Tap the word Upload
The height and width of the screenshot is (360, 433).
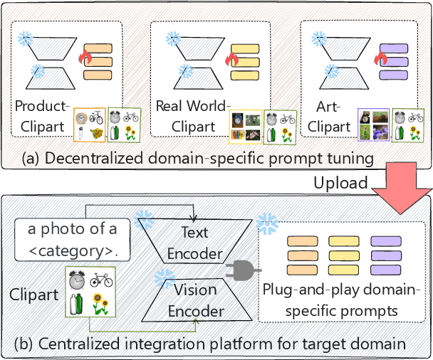(342, 183)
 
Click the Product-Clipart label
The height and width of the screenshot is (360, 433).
(42, 117)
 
